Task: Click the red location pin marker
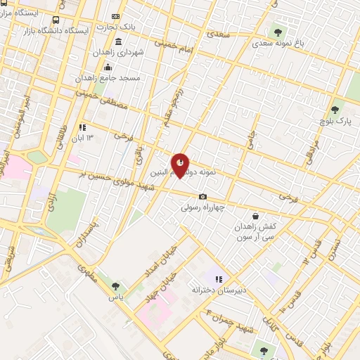tap(180, 165)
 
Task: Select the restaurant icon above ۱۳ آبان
tap(82, 127)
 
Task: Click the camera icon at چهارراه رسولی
tap(202, 197)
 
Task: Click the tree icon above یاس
tap(115, 286)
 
